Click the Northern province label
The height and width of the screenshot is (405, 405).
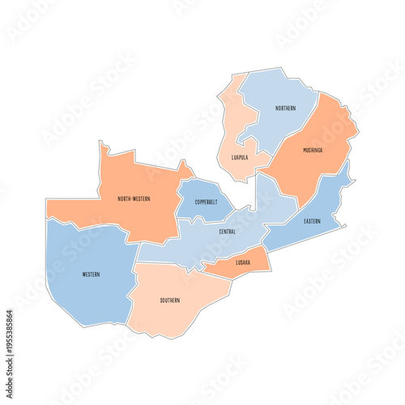[x=285, y=108]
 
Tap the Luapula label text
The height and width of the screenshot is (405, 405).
[x=240, y=158]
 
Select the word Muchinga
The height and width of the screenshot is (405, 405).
[x=313, y=150]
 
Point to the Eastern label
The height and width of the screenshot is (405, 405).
[x=313, y=220]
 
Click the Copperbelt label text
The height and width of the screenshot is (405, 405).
[x=206, y=201]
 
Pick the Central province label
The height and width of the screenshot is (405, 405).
[x=228, y=232]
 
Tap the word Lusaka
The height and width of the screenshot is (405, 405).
[x=243, y=262]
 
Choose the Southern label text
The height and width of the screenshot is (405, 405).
[x=170, y=301]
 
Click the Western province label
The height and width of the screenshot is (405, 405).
[x=92, y=275]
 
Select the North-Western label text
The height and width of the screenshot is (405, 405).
[x=134, y=198]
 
